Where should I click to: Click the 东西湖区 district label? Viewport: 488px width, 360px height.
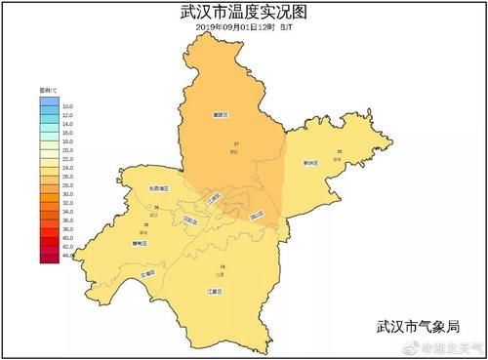[158, 187]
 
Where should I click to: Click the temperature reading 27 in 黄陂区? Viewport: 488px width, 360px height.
[236, 144]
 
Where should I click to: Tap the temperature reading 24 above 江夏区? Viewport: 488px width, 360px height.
[223, 266]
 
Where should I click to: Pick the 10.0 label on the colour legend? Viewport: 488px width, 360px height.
[67, 104]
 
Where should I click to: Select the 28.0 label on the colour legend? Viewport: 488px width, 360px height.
[67, 185]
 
